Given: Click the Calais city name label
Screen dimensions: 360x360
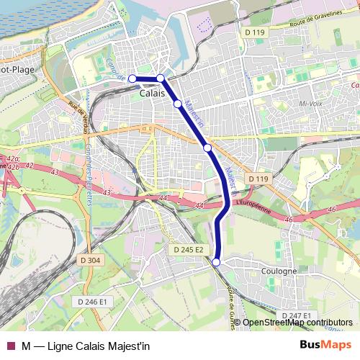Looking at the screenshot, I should click(x=151, y=94).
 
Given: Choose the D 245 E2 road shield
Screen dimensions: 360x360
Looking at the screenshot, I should click(x=189, y=249).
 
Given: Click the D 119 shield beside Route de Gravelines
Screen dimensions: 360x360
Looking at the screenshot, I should click(x=254, y=32).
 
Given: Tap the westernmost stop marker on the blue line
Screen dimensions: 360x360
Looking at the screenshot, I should click(x=132, y=78).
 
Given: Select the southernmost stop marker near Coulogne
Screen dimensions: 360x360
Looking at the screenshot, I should click(x=216, y=263).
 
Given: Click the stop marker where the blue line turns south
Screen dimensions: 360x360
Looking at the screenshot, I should click(x=161, y=78).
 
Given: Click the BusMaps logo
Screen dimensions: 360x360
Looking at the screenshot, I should click(x=325, y=344).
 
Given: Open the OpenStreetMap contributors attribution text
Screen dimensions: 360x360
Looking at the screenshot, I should click(x=297, y=322).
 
